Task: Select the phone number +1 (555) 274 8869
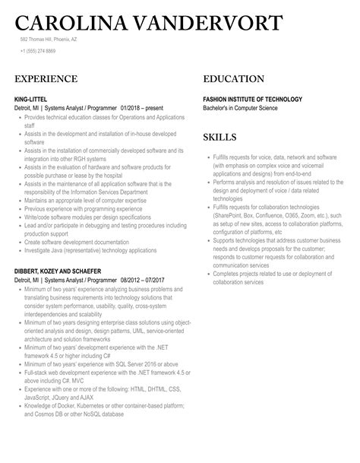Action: (x=38, y=51)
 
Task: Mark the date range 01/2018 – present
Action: (x=137, y=108)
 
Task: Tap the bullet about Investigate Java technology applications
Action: (x=94, y=250)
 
